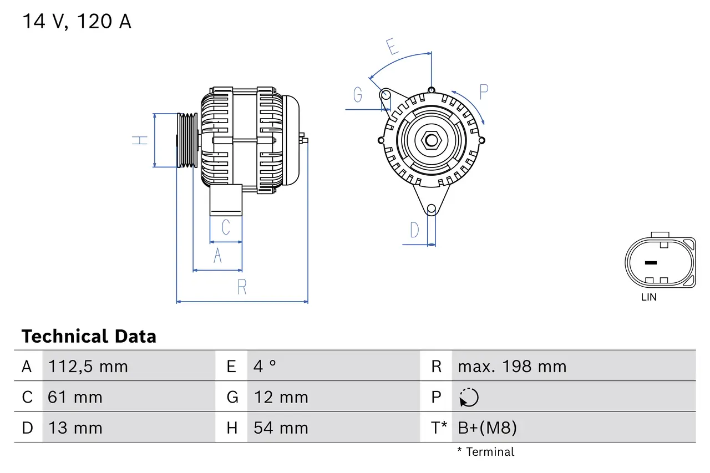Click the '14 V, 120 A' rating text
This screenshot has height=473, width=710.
pos(77,22)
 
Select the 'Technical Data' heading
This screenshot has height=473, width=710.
pos(89,336)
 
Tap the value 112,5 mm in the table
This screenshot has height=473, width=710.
pos(88,367)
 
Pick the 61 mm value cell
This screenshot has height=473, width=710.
pos(75,397)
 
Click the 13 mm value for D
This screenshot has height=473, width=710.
pos(75,428)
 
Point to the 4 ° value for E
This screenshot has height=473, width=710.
pos(265,367)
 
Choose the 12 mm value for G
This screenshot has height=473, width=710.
pos(281,397)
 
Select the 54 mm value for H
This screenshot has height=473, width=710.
pos(281,428)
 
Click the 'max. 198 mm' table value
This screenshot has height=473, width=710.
pos(512,367)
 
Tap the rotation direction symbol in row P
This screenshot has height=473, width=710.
pos(469,397)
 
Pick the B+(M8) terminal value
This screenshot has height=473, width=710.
pos(487,428)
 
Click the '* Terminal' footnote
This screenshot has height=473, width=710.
pos(486,452)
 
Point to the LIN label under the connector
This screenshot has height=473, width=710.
pos(648,297)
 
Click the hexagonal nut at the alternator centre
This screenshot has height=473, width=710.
pos(431,140)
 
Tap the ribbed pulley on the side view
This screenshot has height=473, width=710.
pos(187,140)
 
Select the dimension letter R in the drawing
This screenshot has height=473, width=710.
pos(242,287)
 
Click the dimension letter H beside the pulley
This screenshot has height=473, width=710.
pos(141,140)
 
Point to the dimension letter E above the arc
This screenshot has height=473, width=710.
pos(393,47)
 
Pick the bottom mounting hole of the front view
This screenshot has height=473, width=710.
pos(432,209)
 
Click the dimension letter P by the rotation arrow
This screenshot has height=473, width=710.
pos(483,92)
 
